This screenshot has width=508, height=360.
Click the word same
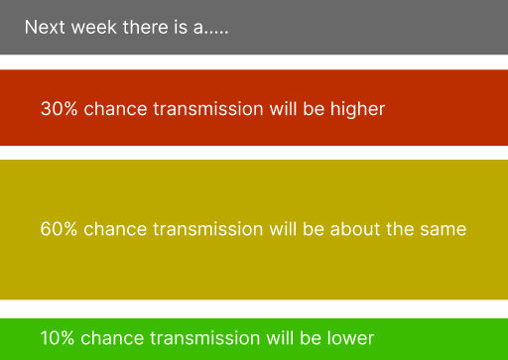click(443, 229)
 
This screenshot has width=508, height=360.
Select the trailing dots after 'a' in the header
click(218, 31)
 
